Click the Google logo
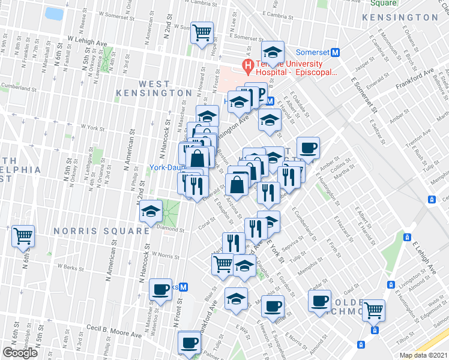(x=20, y=353)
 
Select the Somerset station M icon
(x=336, y=52)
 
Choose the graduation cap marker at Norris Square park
(x=151, y=211)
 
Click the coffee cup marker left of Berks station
(x=160, y=289)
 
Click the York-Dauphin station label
(x=166, y=168)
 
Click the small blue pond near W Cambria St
(x=54, y=13)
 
